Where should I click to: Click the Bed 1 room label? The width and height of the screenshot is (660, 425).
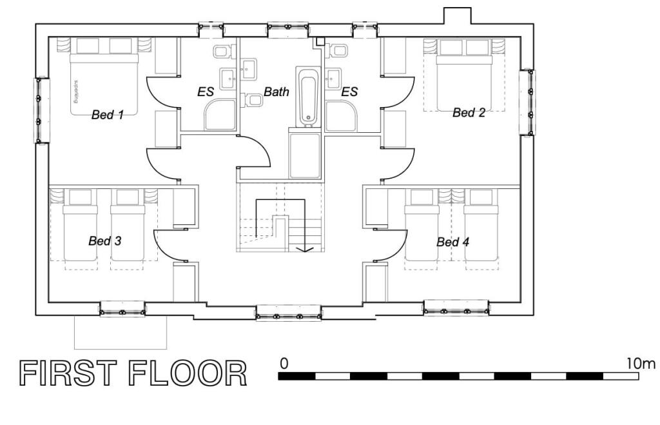tap(108, 115)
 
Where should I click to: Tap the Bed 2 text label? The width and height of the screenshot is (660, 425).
tap(469, 113)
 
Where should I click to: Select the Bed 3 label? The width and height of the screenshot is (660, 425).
tap(104, 241)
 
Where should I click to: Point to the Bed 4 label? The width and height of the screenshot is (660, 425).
tap(452, 242)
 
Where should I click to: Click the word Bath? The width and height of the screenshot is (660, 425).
tap(277, 92)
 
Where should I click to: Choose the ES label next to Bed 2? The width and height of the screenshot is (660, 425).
tap(349, 92)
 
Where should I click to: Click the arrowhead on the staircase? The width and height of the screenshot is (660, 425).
tap(305, 248)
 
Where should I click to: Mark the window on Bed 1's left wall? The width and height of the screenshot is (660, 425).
tap(41, 110)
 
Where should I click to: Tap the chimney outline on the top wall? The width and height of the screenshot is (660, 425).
tap(457, 16)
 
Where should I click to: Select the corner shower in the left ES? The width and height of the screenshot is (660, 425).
tap(220, 115)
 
